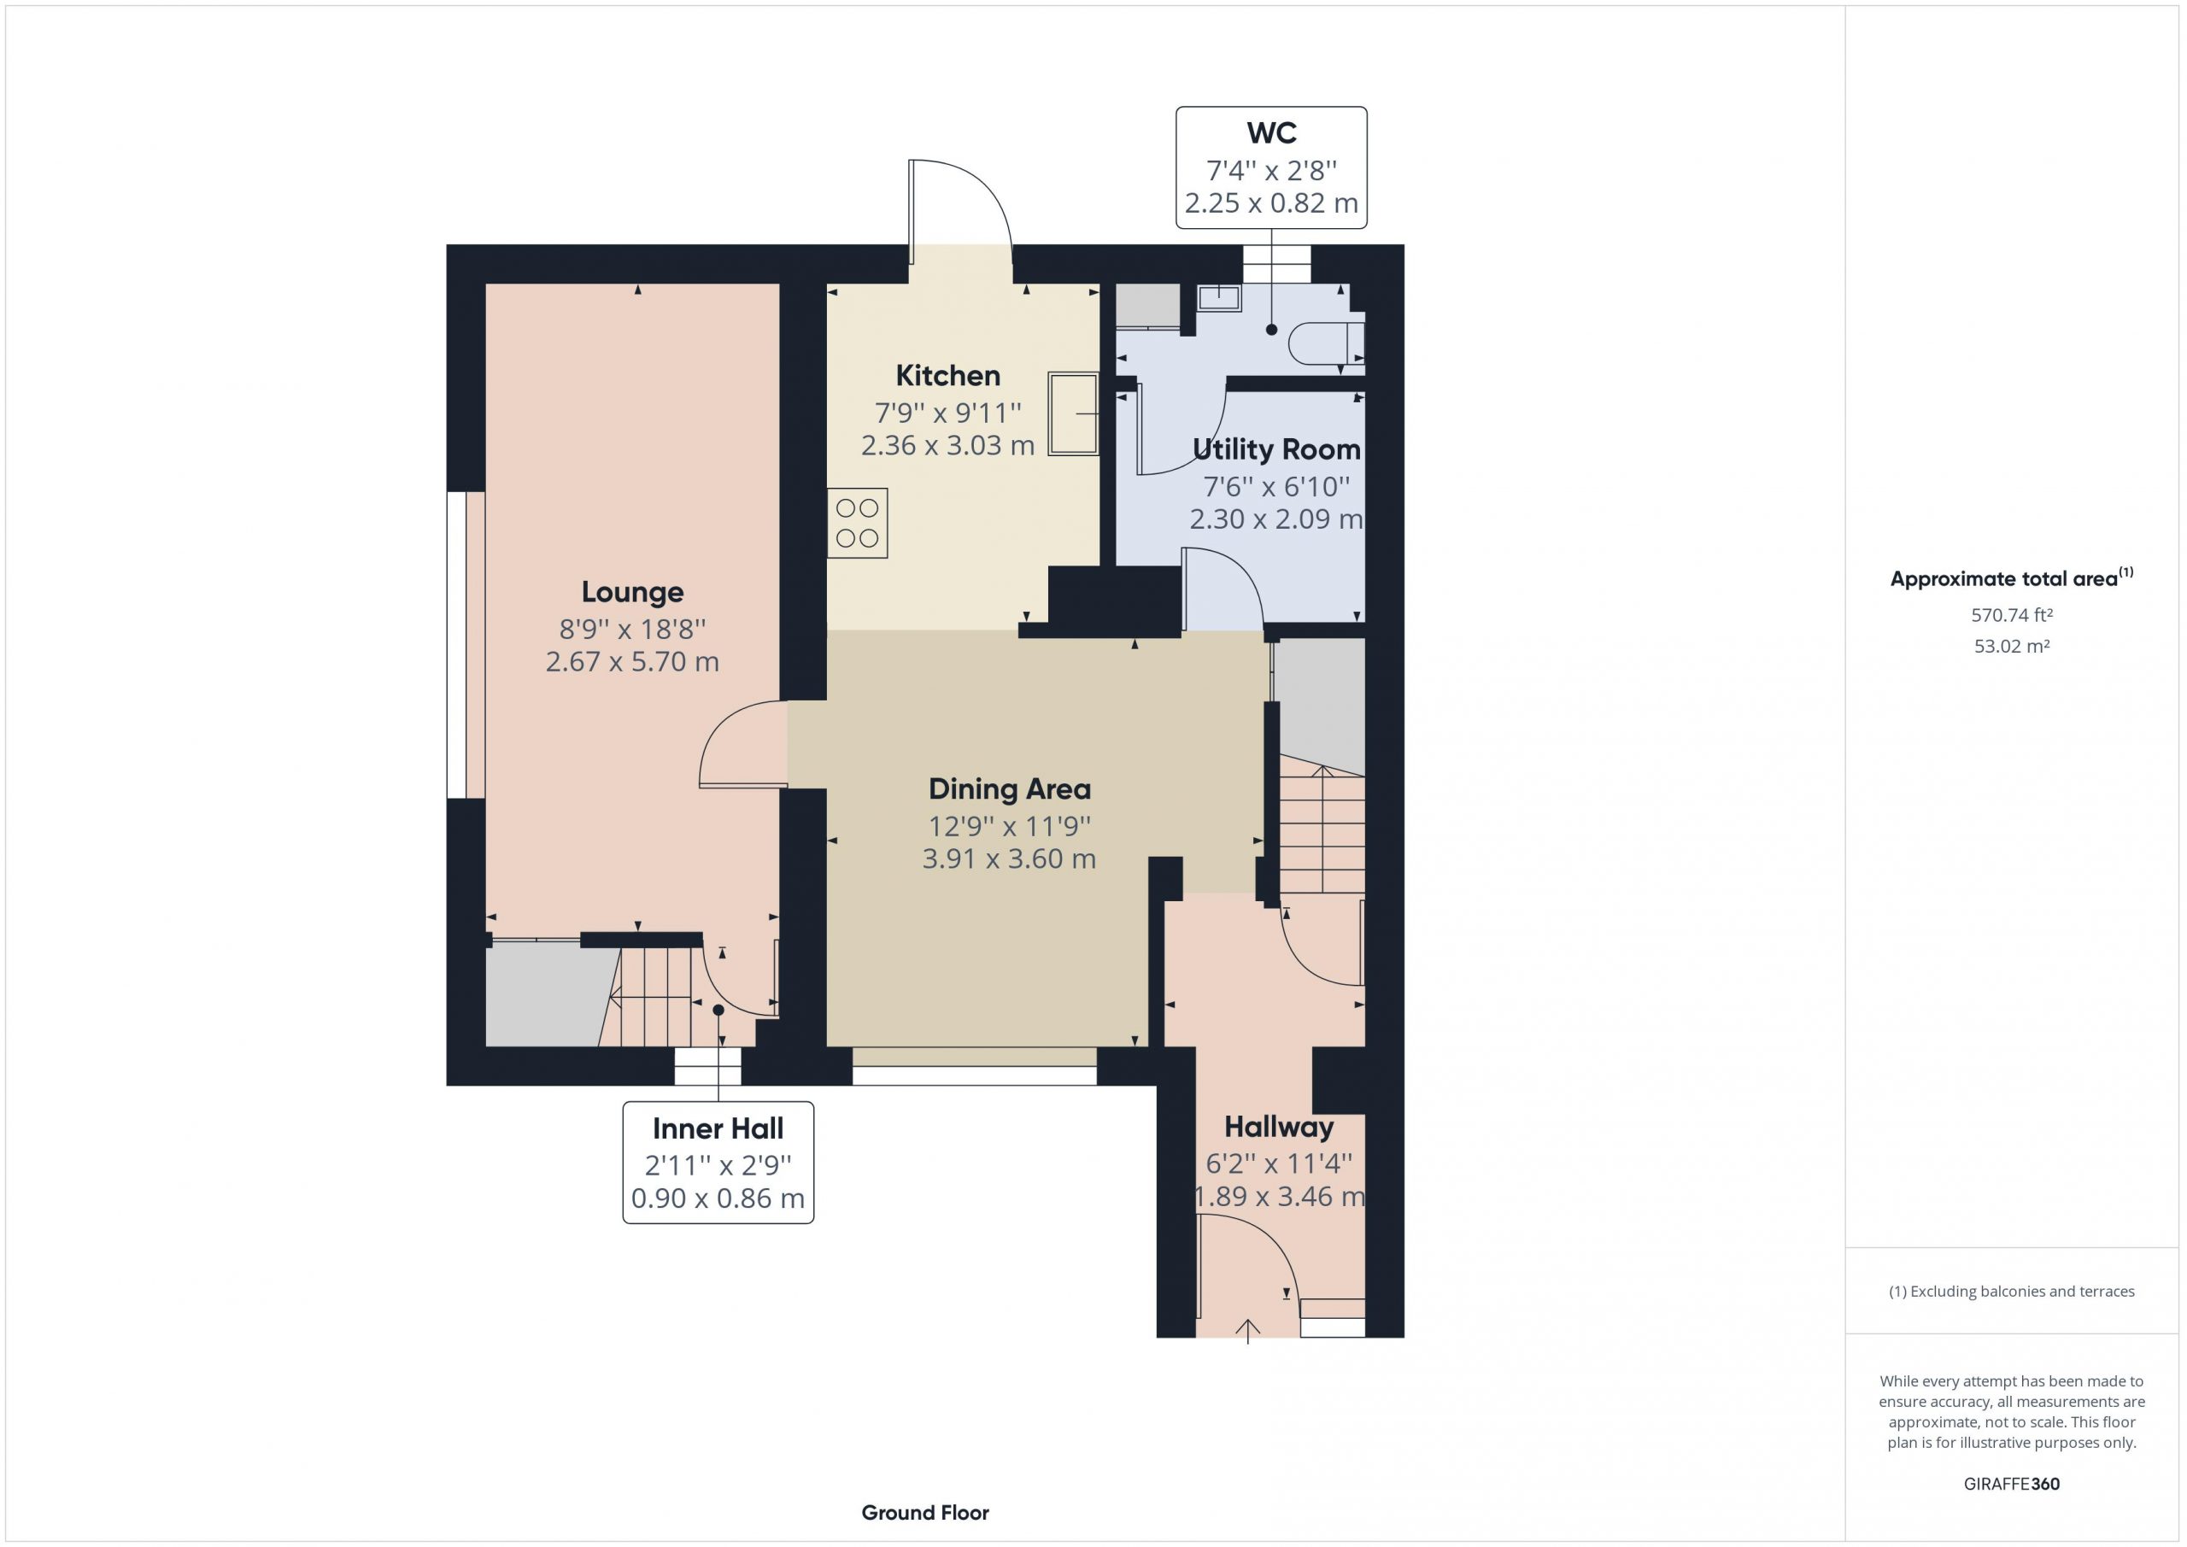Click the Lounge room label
632,593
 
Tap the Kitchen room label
947,375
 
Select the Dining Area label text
1010,788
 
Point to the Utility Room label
1276,449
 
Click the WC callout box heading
1272,133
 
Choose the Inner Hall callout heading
718,1128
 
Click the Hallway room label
1278,1128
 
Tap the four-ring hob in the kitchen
857,523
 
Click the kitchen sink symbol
1074,413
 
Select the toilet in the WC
1326,344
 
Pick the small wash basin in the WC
1219,298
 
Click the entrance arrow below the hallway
1248,1331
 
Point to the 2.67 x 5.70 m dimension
632,662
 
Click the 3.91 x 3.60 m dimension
1010,859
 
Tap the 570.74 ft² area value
2012,615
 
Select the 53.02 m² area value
2012,646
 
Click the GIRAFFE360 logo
2012,1484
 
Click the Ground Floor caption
925,1513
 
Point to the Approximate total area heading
2012,577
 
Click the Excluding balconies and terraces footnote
2012,1292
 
